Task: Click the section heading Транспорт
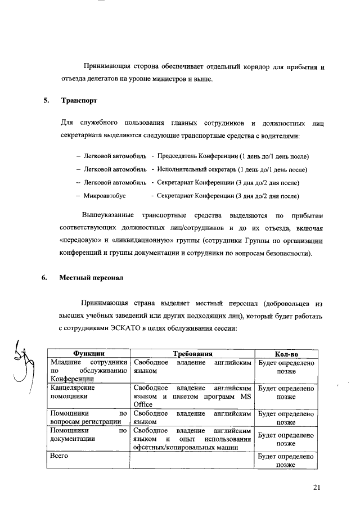point(78,102)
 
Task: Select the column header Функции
point(88,354)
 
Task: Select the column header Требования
point(192,354)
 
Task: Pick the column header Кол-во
point(286,354)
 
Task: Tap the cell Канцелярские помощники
point(72,392)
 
